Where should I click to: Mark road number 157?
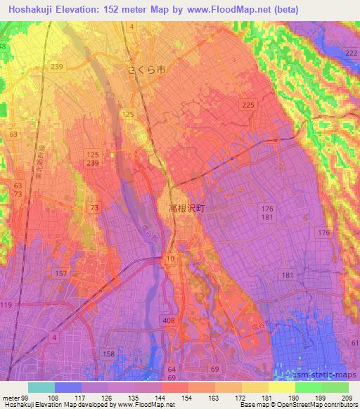60,273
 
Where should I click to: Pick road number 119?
6,304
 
